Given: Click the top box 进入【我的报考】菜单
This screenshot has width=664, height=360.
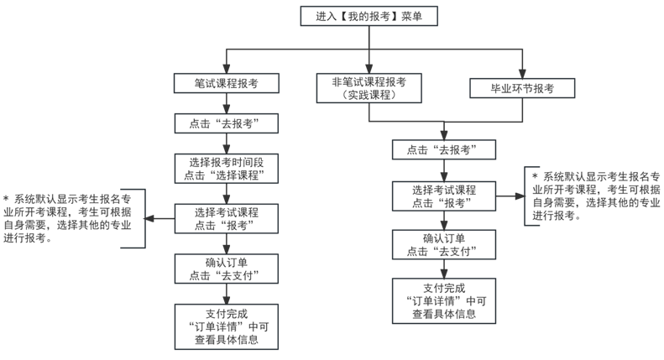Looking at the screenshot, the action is point(369,16).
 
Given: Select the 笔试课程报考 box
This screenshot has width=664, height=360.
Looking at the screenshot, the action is point(227,83).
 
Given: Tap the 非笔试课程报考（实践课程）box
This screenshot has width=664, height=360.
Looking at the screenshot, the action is point(369,88).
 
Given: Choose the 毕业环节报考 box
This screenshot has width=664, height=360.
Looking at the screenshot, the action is point(522,88).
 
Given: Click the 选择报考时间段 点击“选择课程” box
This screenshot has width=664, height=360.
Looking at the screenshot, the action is point(227,169).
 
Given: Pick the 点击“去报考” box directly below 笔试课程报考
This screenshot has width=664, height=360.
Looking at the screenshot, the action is point(227,123).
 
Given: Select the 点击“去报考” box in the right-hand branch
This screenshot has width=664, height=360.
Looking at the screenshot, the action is point(444,150).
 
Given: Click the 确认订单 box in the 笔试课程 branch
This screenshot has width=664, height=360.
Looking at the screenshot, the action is point(227,269).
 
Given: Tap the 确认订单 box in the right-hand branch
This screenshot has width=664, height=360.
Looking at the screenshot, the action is point(444,245).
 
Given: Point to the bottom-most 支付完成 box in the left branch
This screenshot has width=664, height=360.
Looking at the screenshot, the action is point(227,326).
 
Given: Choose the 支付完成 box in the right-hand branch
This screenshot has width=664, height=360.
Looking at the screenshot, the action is point(444,301).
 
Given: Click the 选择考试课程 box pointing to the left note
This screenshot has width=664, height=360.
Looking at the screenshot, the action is point(227,219).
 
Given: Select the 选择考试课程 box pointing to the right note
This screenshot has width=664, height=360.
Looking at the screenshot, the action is point(444,196).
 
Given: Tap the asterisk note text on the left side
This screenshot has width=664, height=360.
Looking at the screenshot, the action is point(67,218).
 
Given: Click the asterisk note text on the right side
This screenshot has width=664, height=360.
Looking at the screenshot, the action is point(596,196).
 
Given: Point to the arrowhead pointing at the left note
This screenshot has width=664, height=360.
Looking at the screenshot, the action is point(149,219).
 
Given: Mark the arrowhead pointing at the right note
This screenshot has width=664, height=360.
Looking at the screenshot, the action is point(520,196).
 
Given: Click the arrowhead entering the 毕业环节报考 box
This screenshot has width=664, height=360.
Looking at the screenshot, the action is point(522,74).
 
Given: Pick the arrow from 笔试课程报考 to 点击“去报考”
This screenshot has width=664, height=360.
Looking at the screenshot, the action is point(227,103).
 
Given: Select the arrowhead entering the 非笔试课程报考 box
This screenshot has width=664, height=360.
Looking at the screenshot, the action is point(369,69).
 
